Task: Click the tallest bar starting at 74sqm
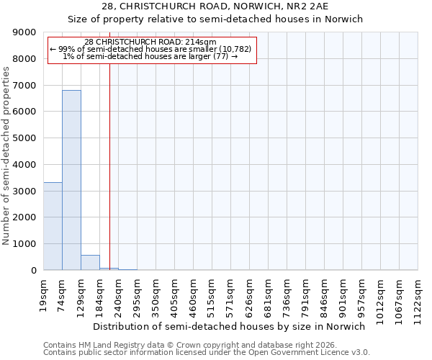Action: tap(71, 180)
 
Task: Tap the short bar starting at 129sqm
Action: tap(90, 263)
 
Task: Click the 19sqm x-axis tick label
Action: tap(44, 293)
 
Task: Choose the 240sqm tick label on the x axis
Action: tap(119, 295)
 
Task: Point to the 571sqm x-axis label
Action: tap(231, 295)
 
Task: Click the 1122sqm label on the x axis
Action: tap(418, 298)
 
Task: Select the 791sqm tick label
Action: tap(306, 295)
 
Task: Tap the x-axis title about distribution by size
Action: tap(231, 326)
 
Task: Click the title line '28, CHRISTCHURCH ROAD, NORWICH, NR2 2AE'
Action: tap(216, 6)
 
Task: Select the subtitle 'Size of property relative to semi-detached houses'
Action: tap(216, 19)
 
